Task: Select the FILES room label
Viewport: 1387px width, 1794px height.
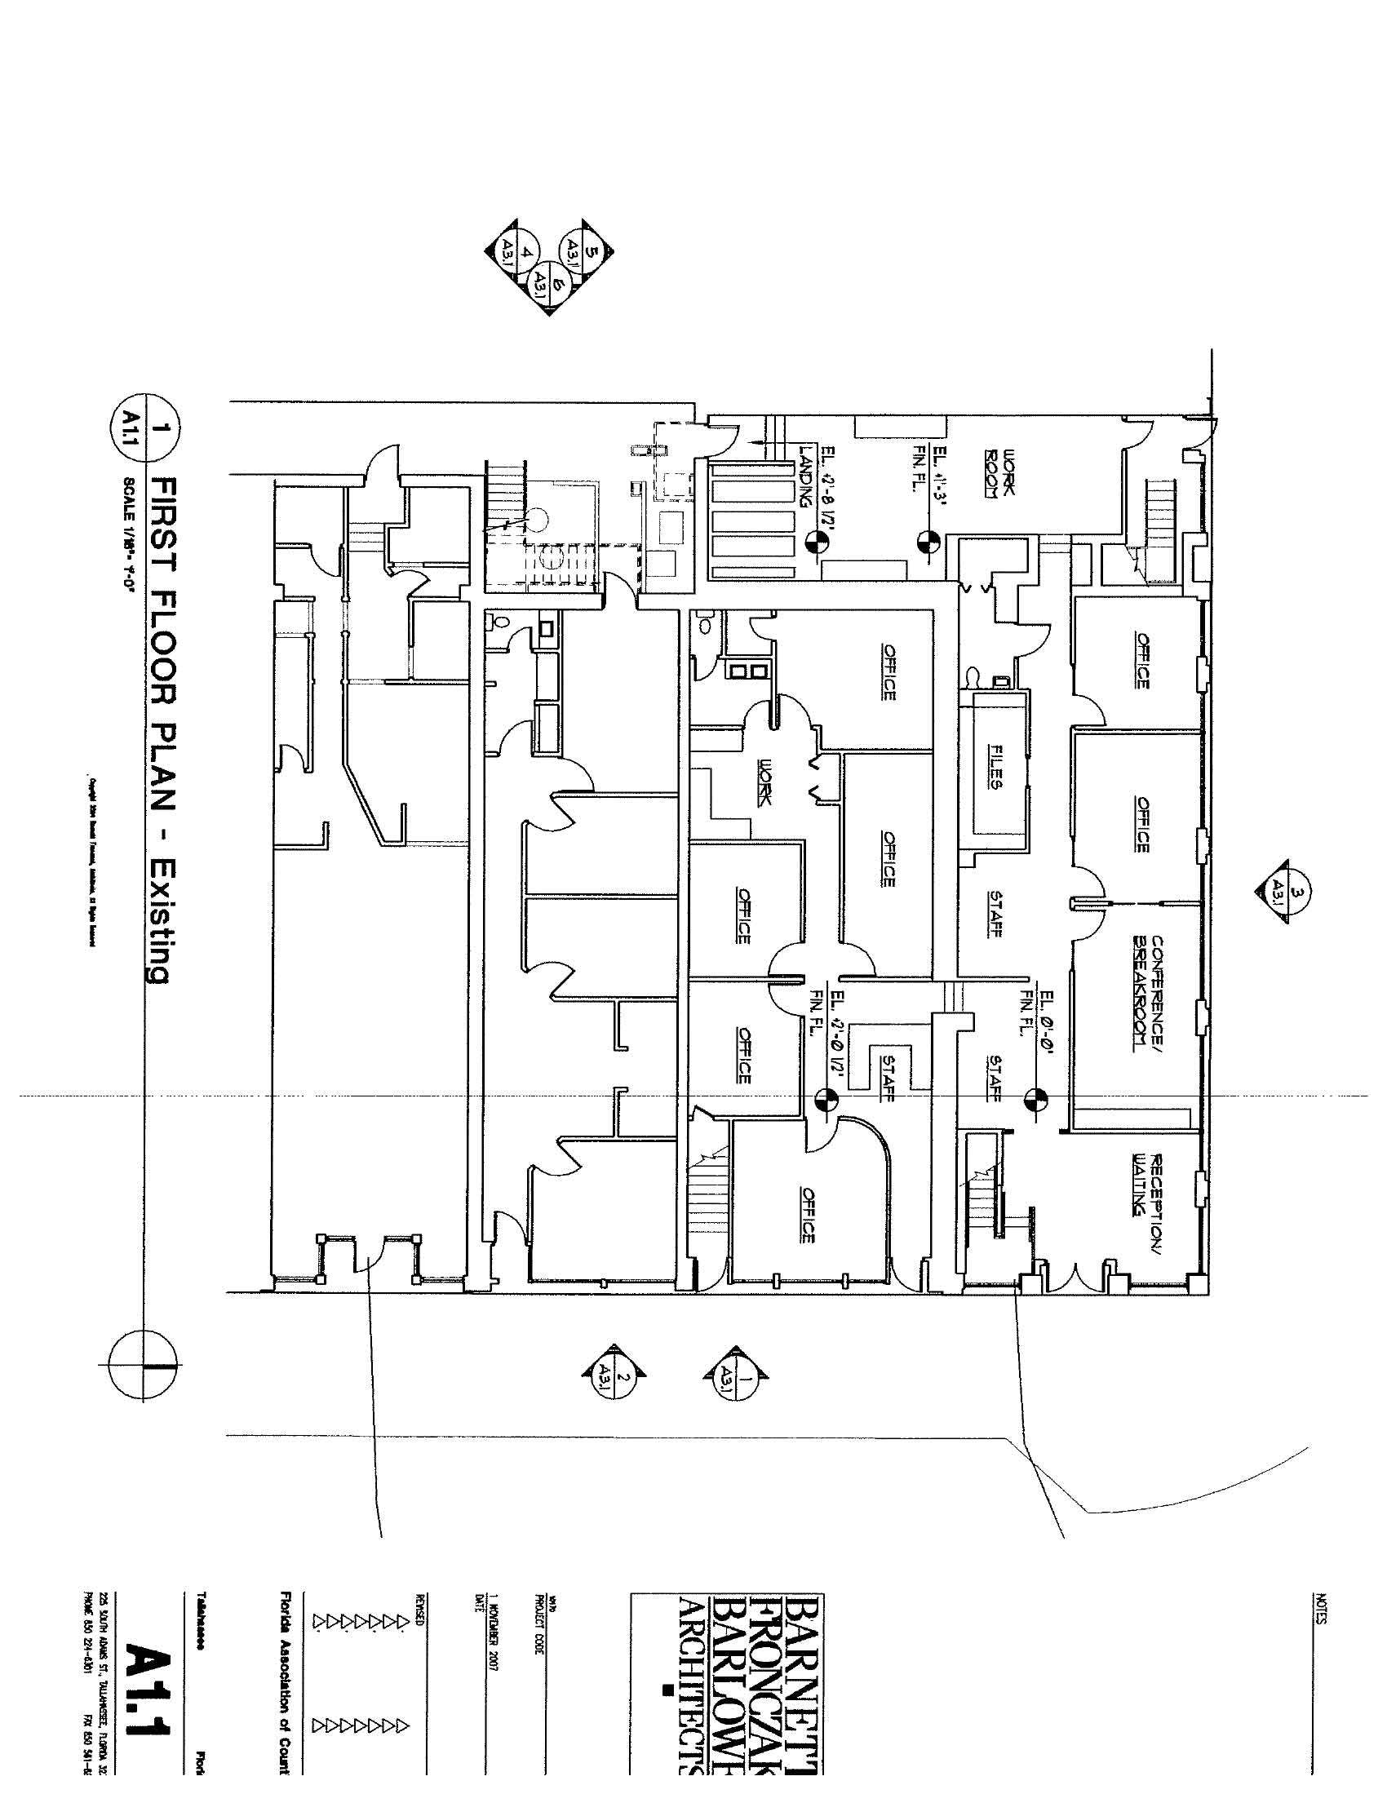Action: point(996,766)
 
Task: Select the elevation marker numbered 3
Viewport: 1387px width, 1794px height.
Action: point(1283,891)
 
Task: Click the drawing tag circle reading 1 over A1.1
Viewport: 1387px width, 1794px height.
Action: point(144,429)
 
